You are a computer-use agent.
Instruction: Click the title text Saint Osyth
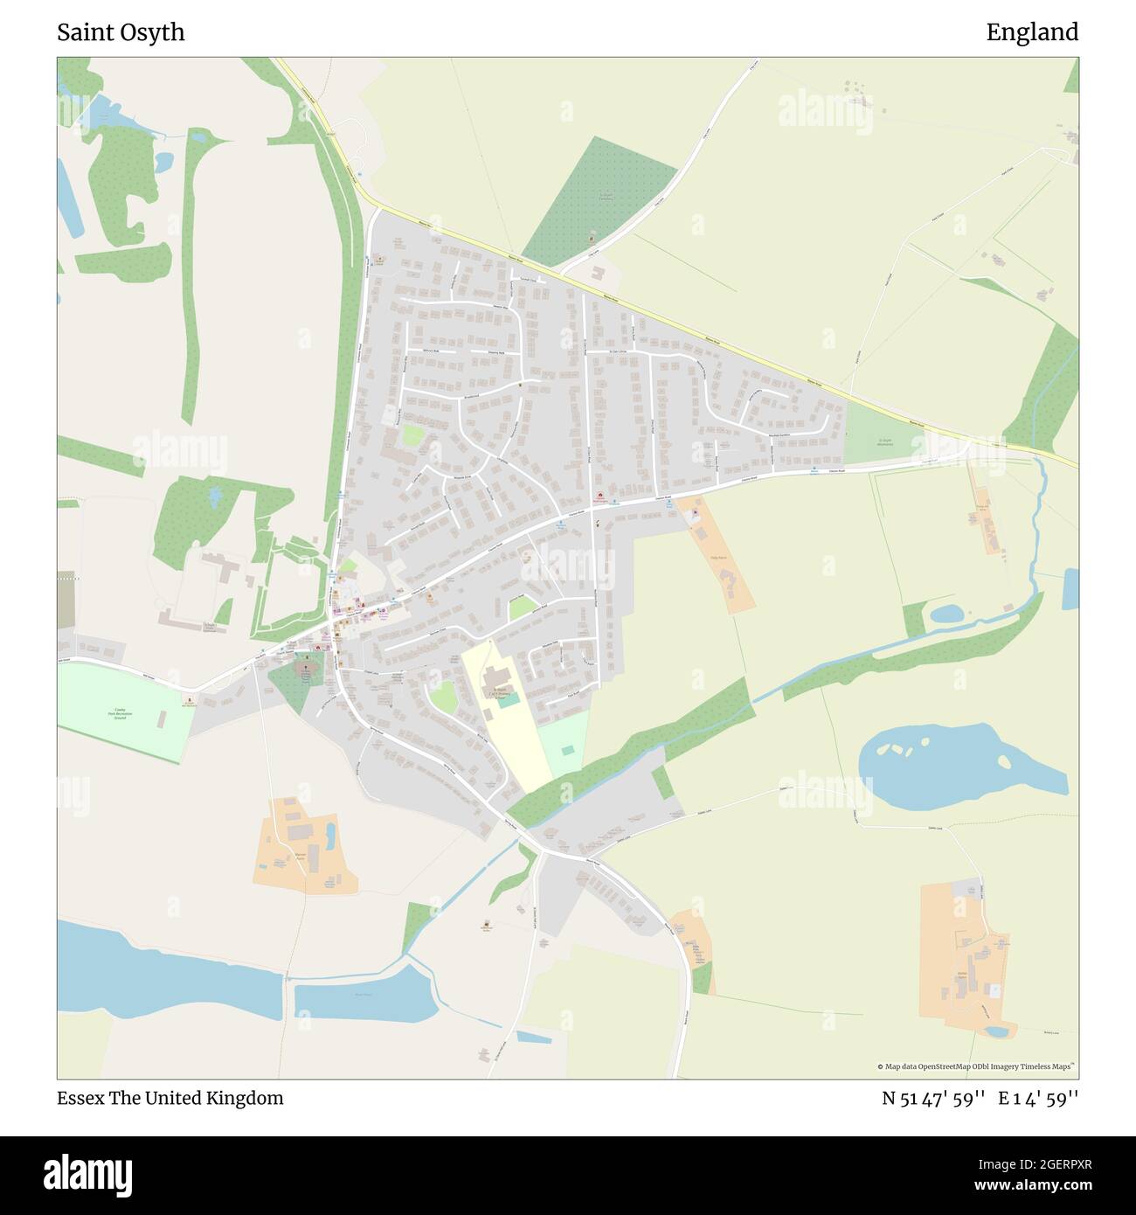pos(121,32)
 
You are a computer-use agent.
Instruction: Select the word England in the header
pos(1032,32)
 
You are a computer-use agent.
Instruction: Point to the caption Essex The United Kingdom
pos(170,1098)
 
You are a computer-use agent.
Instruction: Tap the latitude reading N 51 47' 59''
pos(934,1099)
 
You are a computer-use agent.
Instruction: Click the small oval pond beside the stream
pos(946,614)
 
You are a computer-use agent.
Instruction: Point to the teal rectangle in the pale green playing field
pos(568,750)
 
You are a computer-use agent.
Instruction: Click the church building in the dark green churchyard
pos(305,670)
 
